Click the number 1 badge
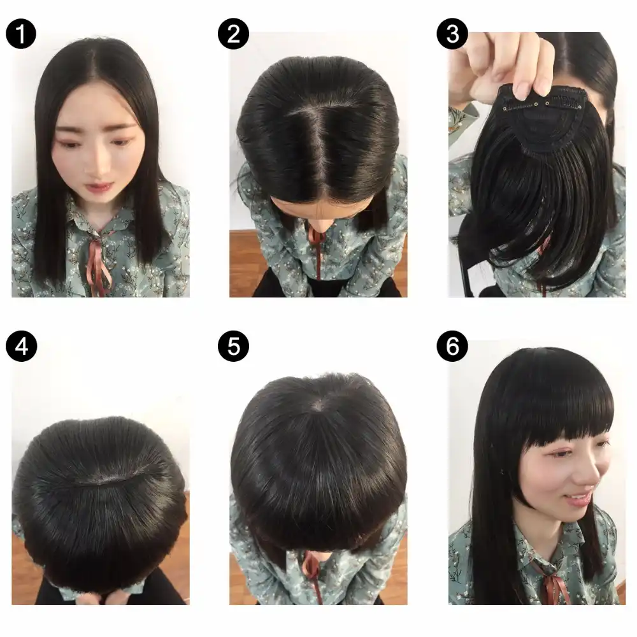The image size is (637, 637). (21, 34)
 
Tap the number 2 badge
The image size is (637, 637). (233, 34)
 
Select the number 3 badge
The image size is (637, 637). (453, 34)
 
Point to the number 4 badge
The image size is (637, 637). (21, 347)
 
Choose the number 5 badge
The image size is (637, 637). (233, 347)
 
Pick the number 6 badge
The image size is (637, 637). (453, 347)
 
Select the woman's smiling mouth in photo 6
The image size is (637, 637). (577, 497)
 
